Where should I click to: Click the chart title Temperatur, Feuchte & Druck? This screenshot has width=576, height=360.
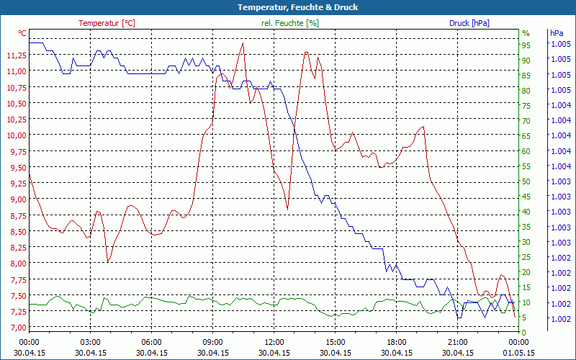pyautogui.click(x=288, y=7)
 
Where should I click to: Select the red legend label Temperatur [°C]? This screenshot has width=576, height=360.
pyautogui.click(x=107, y=23)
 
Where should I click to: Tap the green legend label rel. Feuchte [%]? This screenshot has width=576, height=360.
pyautogui.click(x=290, y=23)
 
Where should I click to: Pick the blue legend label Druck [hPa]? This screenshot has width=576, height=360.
pyautogui.click(x=469, y=23)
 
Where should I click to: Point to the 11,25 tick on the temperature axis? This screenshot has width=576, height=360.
pyautogui.click(x=16, y=55)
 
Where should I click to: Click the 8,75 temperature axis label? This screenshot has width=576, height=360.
pyautogui.click(x=16, y=215)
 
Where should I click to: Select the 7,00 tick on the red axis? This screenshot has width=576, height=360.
pyautogui.click(x=16, y=328)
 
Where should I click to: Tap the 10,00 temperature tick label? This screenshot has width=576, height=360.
pyautogui.click(x=16, y=135)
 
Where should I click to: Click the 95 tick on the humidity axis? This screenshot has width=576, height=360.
pyautogui.click(x=526, y=45)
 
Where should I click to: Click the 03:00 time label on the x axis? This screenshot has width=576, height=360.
pyautogui.click(x=89, y=342)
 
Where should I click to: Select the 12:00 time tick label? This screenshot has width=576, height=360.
pyautogui.click(x=274, y=342)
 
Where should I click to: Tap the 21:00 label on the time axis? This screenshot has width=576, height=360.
pyautogui.click(x=457, y=342)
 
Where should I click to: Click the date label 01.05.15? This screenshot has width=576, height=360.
pyautogui.click(x=518, y=353)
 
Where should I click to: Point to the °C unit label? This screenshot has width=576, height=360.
pyautogui.click(x=22, y=33)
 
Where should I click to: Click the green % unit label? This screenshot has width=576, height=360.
pyautogui.click(x=526, y=33)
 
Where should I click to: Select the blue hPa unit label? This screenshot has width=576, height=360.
pyautogui.click(x=557, y=33)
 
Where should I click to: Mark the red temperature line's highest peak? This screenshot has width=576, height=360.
pyautogui.click(x=243, y=43)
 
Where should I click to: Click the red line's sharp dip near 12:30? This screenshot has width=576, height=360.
pyautogui.click(x=287, y=210)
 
